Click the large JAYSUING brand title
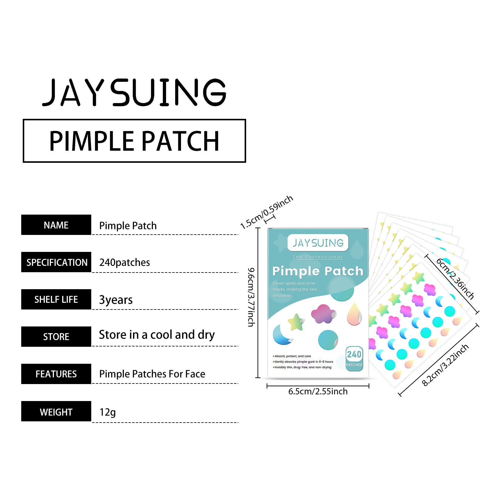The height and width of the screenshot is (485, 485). click(134, 92)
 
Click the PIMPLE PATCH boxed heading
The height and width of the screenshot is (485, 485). click(134, 141)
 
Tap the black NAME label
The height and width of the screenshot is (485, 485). click(56, 225)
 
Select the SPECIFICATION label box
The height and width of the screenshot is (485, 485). click(56, 262)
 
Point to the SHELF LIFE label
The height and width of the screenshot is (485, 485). click(56, 299)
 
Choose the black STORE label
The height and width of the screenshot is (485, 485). click(56, 337)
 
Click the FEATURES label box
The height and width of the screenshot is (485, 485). click(56, 374)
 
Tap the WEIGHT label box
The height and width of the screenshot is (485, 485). click(56, 411)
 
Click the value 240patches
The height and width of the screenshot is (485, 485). click(125, 263)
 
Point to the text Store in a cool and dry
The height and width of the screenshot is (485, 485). click(157, 335)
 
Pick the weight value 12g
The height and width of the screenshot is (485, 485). click(108, 412)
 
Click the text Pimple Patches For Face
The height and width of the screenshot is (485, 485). click(152, 374)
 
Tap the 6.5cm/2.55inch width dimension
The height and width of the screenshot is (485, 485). click(318, 391)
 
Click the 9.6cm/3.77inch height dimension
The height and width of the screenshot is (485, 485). click(251, 297)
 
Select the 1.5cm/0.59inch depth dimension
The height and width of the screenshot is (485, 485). click(266, 212)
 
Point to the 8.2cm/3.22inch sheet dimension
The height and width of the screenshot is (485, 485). click(445, 365)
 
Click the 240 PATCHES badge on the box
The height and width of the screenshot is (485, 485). click(354, 358)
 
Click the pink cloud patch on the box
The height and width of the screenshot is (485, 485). click(323, 314)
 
